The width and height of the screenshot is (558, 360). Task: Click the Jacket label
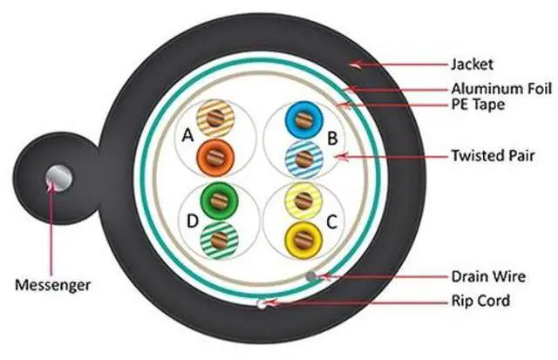(x=472, y=64)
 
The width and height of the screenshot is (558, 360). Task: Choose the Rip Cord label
(x=480, y=302)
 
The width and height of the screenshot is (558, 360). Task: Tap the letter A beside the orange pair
(x=187, y=135)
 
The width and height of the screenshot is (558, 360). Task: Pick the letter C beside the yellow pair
(x=330, y=222)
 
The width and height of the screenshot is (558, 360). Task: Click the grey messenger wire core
(x=59, y=174)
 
